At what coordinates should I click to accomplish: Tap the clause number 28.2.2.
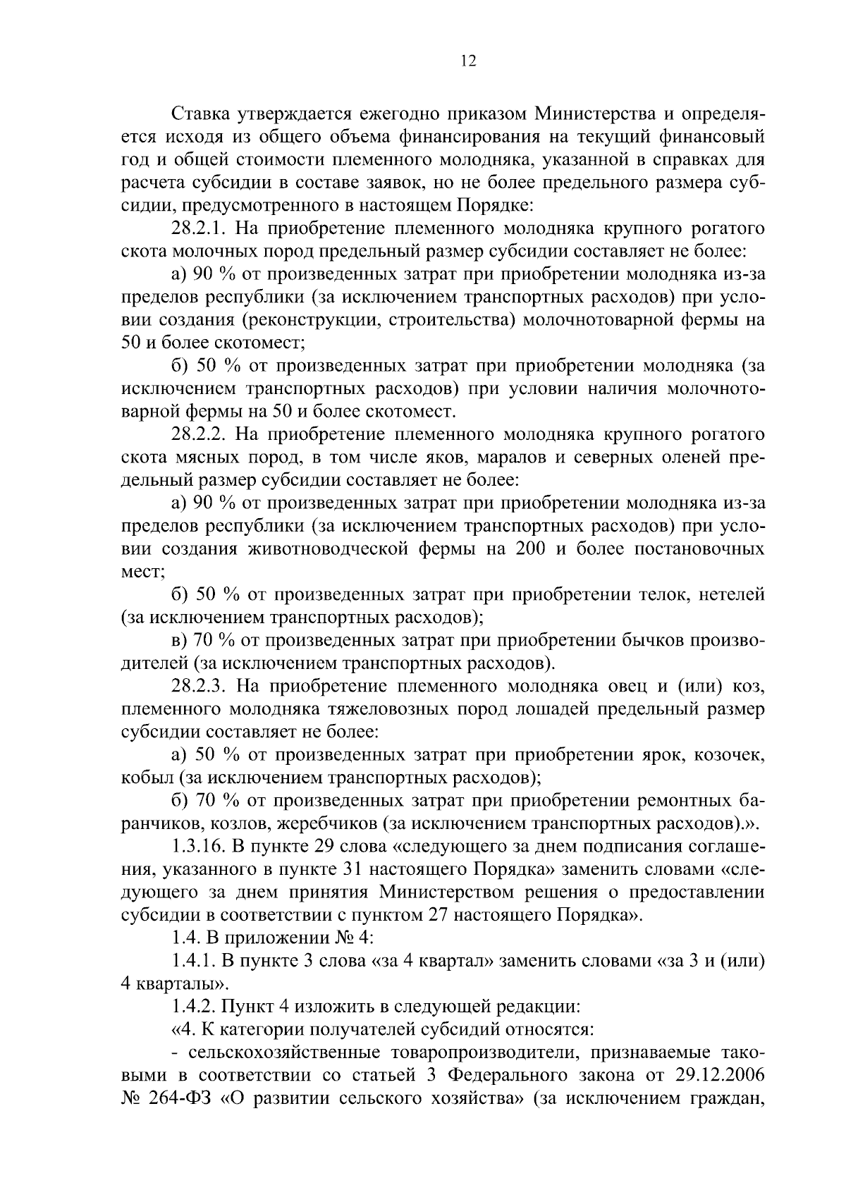point(200,434)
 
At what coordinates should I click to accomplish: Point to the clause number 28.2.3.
point(200,687)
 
